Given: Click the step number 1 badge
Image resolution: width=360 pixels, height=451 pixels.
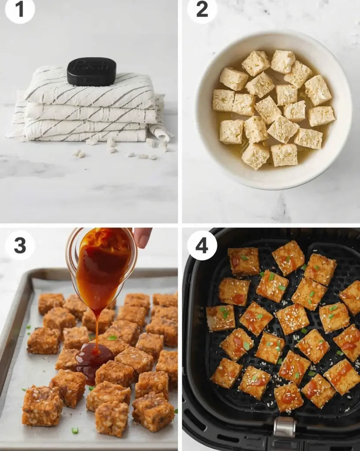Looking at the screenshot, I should tap(20, 9).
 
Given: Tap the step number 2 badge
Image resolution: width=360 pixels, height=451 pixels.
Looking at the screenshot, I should tap(202, 9).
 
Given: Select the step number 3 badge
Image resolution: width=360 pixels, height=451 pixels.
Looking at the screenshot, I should tap(20, 245).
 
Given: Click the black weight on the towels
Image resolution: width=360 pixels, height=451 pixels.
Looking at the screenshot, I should tap(92, 71).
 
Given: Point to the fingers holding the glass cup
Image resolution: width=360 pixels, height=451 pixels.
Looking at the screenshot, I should tap(142, 236).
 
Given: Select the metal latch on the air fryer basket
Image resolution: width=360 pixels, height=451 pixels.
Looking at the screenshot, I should tap(284, 426).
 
